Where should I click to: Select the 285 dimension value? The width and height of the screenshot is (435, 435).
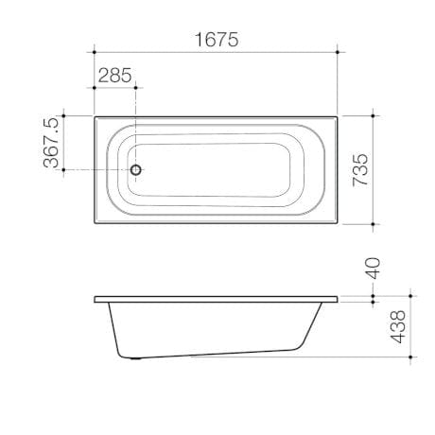114,76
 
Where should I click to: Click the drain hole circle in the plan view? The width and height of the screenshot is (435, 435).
136,170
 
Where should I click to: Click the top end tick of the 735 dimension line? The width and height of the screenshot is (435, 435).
374,116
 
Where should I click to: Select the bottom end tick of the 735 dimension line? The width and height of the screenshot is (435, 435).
374,225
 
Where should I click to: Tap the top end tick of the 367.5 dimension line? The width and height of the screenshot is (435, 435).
64,116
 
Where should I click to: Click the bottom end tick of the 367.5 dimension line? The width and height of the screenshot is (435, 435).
64,170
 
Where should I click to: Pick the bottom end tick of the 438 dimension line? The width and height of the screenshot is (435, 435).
411,359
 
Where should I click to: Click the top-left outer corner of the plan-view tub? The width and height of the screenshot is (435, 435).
95,116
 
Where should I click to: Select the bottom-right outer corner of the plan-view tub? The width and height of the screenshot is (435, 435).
338,225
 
